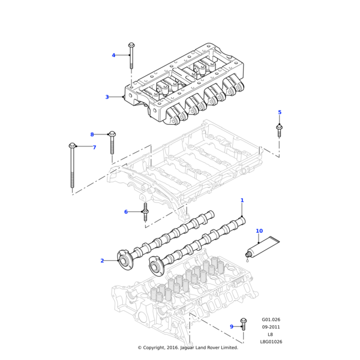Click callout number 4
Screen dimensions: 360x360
coord(113,55)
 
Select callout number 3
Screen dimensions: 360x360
coord(107,97)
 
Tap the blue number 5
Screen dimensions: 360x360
coord(280,112)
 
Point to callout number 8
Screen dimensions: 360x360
coord(92,134)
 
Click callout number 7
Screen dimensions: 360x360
coord(94,148)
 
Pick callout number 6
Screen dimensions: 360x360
coord(126,212)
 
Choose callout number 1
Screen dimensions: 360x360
coord(242,200)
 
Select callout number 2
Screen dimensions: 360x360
coord(102,261)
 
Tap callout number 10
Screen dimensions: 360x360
coord(259,231)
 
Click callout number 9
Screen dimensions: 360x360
coord(232,327)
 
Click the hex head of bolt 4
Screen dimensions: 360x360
coord(131,45)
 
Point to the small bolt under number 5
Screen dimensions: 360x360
coord(279,130)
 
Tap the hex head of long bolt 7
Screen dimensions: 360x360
coord(72,146)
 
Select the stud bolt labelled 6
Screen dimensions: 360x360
coord(145,212)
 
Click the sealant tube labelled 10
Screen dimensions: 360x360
coord(262,248)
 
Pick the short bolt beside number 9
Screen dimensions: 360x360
coord(244,324)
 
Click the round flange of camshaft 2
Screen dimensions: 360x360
coord(125,261)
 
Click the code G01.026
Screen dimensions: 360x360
coord(271,320)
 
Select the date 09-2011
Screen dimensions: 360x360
coord(271,327)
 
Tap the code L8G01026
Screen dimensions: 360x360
coord(271,341)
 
